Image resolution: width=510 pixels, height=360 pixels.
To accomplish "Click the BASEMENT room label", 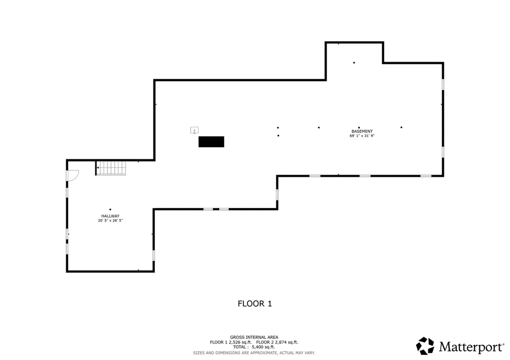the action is tap(362, 131).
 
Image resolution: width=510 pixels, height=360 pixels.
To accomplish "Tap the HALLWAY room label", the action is tap(110, 216).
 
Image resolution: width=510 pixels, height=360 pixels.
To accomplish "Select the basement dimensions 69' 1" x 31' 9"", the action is tap(362, 136).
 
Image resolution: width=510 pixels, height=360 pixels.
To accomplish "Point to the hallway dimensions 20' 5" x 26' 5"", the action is tap(110, 221).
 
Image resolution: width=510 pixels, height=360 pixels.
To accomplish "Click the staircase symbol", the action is tap(111, 168).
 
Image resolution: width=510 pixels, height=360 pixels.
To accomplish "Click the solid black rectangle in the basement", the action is tap(211, 142).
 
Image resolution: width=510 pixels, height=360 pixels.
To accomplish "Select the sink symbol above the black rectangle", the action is tap(195, 130).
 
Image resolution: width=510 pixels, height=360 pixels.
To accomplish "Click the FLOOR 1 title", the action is tap(255, 304).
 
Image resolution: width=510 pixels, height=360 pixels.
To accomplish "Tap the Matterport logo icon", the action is tap(425, 346).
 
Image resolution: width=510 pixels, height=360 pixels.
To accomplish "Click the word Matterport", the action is tap(471, 347).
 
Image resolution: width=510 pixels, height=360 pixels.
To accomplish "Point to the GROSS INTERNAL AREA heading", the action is tap(254, 337).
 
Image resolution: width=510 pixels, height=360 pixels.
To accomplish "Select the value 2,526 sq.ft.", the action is tap(240, 342).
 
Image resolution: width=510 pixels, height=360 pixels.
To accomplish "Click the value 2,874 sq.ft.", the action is tap(286, 342).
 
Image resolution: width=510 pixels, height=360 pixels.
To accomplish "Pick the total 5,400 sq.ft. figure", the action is tap(263, 347).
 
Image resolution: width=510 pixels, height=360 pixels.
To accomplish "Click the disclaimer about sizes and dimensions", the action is tap(254, 353).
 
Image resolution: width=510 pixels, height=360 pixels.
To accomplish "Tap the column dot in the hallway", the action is tap(110, 210).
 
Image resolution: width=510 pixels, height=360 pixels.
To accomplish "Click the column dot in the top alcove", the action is tap(354, 63).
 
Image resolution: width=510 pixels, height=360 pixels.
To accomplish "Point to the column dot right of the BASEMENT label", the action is tap(401, 127).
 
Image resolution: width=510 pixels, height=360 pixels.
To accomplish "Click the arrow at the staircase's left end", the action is tap(98, 168).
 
